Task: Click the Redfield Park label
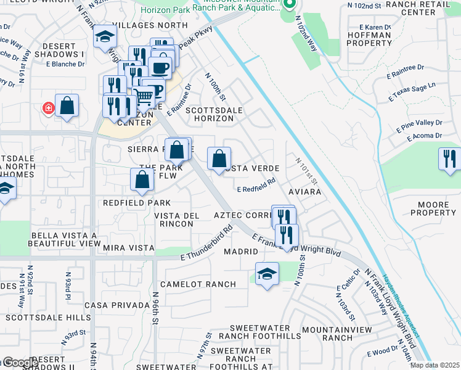tap(136, 203)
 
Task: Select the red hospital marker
tap(47, 109)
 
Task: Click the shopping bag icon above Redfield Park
tap(142, 179)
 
